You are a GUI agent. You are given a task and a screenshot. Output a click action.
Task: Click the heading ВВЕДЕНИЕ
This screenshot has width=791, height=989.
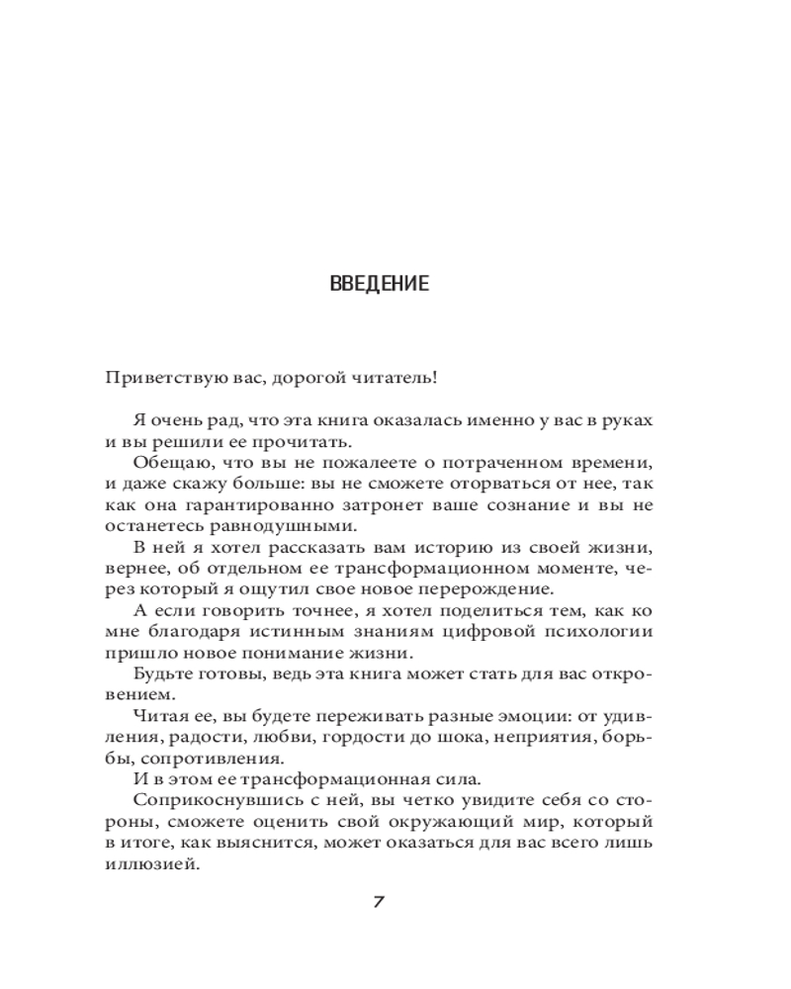tap(379, 285)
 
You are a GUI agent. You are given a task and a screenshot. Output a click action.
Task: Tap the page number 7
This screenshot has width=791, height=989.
tap(379, 902)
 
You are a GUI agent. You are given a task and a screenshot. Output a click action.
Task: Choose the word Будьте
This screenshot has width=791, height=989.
tap(157, 675)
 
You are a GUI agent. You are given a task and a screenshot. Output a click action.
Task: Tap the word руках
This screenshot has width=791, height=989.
tap(628, 420)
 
